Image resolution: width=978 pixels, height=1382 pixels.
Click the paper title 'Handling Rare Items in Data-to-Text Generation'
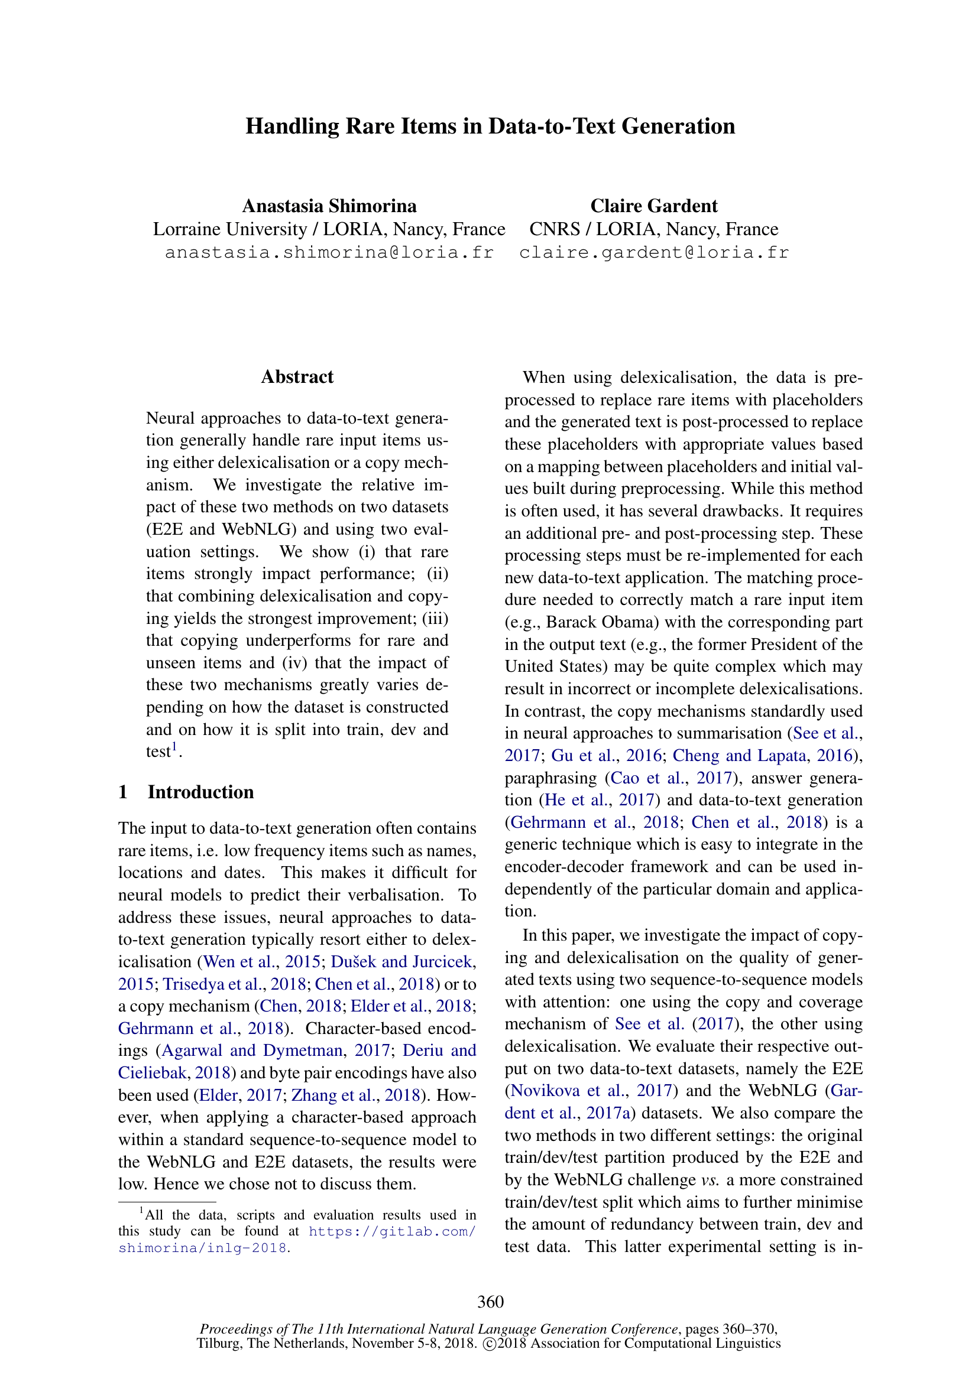tap(490, 126)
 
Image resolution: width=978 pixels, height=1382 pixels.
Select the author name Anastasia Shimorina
tap(329, 206)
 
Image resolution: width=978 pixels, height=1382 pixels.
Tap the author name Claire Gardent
tap(653, 206)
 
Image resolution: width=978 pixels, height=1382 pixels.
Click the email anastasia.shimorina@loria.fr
tap(329, 252)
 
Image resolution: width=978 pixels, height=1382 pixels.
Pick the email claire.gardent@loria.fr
tap(654, 252)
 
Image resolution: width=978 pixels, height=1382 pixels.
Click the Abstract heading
tap(297, 377)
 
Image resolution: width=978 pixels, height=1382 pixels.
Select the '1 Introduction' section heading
tap(186, 792)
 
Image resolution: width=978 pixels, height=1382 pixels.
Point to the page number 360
tap(490, 1302)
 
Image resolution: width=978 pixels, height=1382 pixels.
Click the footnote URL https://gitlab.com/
tap(392, 1231)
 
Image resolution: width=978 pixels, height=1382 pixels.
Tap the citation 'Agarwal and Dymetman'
tap(252, 1051)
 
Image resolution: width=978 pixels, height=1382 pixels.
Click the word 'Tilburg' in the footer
tap(218, 1344)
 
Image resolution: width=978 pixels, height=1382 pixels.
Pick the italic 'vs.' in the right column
tap(710, 1180)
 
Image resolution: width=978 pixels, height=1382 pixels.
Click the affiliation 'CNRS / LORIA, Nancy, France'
tap(653, 229)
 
